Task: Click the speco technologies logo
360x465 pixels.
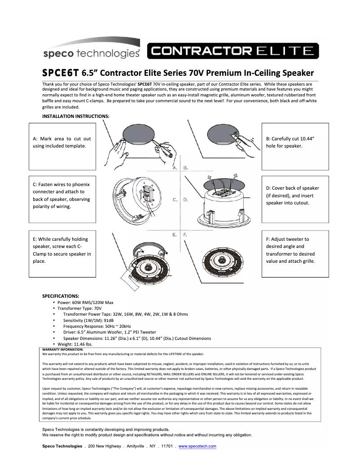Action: click(92, 53)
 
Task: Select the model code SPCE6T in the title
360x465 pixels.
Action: click(60, 73)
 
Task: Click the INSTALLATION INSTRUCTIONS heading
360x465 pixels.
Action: click(75, 116)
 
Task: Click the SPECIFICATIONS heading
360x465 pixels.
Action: click(61, 296)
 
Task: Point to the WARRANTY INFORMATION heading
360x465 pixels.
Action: click(62, 349)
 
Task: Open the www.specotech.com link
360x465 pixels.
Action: click(198, 446)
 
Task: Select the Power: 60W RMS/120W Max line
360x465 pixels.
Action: click(85, 303)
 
